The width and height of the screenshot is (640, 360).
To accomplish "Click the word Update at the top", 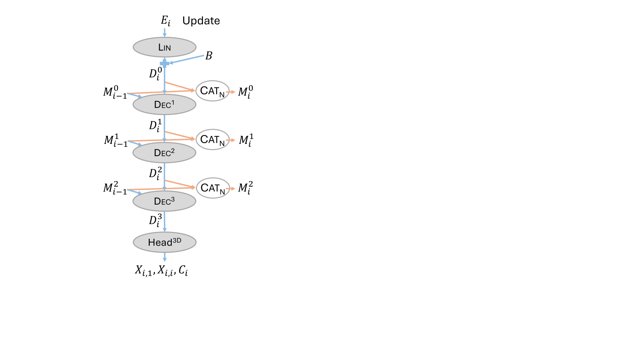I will (201, 21).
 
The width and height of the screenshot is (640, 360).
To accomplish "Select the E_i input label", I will (165, 21).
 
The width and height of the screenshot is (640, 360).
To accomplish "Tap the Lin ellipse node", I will (164, 47).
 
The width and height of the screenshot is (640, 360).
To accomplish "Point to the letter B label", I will (208, 56).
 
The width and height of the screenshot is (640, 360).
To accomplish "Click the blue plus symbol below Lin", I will (164, 63).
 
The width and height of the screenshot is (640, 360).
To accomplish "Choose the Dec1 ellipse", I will (164, 105).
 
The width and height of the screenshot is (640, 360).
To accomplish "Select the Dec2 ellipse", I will (164, 153).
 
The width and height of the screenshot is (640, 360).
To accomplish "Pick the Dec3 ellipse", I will (164, 201).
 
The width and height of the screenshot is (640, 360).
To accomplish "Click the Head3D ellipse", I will (164, 242).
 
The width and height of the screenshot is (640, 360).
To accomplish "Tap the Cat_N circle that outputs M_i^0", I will (212, 91).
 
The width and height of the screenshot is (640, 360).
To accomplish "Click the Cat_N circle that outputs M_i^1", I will (213, 140).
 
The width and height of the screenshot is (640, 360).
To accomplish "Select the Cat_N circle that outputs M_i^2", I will (213, 188).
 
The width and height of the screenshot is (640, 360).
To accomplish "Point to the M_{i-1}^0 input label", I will (115, 92).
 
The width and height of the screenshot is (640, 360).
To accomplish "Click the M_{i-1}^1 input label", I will (116, 141).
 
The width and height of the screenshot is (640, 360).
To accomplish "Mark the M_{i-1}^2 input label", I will (115, 189).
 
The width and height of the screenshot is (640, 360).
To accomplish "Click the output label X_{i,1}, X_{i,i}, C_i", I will (161, 270).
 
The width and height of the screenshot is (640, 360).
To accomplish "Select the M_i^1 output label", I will (246, 140).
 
